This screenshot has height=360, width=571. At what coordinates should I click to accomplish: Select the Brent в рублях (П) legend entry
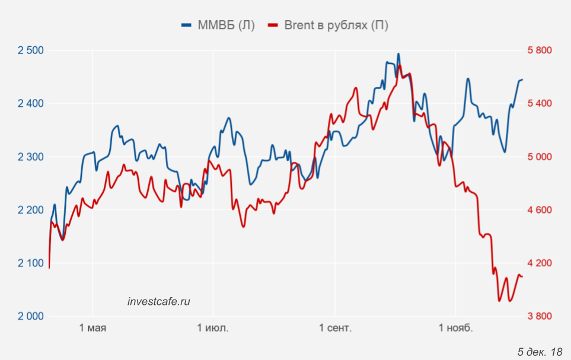(x=328, y=25)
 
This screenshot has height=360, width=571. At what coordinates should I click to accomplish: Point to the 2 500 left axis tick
(x=31, y=50)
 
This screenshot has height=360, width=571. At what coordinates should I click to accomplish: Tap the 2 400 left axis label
(x=31, y=104)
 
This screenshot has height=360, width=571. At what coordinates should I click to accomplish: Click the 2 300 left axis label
(x=31, y=157)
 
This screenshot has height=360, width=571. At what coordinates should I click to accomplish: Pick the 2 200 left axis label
(x=31, y=210)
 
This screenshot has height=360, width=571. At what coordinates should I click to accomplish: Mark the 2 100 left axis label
(x=31, y=263)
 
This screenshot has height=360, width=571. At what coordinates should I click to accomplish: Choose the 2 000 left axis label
(x=31, y=316)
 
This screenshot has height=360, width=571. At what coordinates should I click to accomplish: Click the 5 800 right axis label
(x=539, y=50)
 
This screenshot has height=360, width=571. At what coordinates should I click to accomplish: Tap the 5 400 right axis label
(x=539, y=104)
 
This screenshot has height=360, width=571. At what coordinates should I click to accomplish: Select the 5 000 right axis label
(x=539, y=157)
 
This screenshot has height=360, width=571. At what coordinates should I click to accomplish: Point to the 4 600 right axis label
(x=539, y=210)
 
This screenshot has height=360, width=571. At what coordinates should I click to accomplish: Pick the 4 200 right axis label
(x=539, y=263)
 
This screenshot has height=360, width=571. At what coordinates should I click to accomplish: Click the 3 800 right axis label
(x=539, y=316)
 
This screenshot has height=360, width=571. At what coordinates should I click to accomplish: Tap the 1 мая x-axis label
(x=92, y=329)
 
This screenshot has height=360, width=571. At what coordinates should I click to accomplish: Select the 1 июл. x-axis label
(x=213, y=329)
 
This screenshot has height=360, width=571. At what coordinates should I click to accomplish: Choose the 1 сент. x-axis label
(x=336, y=329)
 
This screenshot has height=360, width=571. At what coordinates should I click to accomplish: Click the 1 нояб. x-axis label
(x=455, y=329)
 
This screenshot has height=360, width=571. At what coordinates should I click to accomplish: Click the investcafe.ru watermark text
(x=159, y=301)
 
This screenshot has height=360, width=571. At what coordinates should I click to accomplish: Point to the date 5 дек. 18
(x=540, y=352)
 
